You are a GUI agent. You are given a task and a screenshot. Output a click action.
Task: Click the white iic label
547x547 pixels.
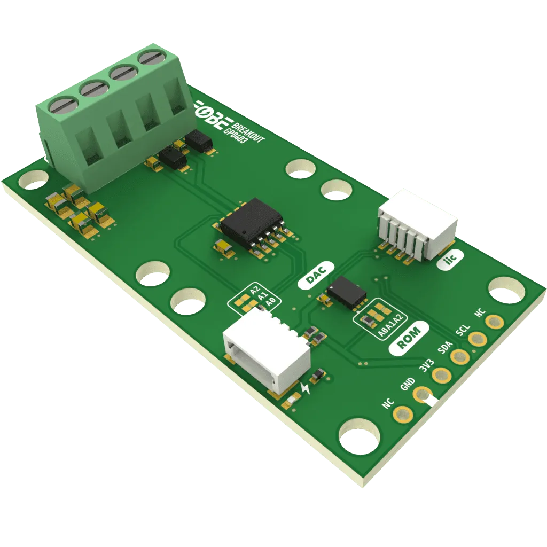tap(450, 261)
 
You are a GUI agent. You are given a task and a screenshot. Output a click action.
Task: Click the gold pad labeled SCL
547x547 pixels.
tap(476, 338)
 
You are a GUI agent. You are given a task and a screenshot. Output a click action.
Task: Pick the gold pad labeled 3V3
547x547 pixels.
tap(441, 375)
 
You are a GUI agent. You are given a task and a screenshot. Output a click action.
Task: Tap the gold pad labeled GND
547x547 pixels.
tap(423, 394)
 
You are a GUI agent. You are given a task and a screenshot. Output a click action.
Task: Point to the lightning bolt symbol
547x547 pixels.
tap(306, 389)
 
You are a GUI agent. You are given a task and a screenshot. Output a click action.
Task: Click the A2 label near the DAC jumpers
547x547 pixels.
tap(255, 290)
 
